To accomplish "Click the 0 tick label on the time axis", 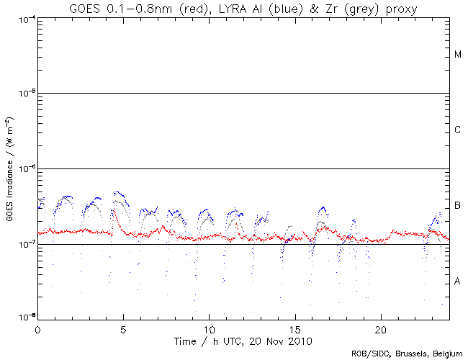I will (37, 328).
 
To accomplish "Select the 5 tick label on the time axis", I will (123, 328).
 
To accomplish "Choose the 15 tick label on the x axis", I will (295, 328).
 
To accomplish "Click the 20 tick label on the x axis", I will (381, 328).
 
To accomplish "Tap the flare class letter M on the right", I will (458, 55).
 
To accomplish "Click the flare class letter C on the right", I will (458, 130).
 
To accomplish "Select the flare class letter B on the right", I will (458, 206).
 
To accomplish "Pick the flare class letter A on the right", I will (458, 282).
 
